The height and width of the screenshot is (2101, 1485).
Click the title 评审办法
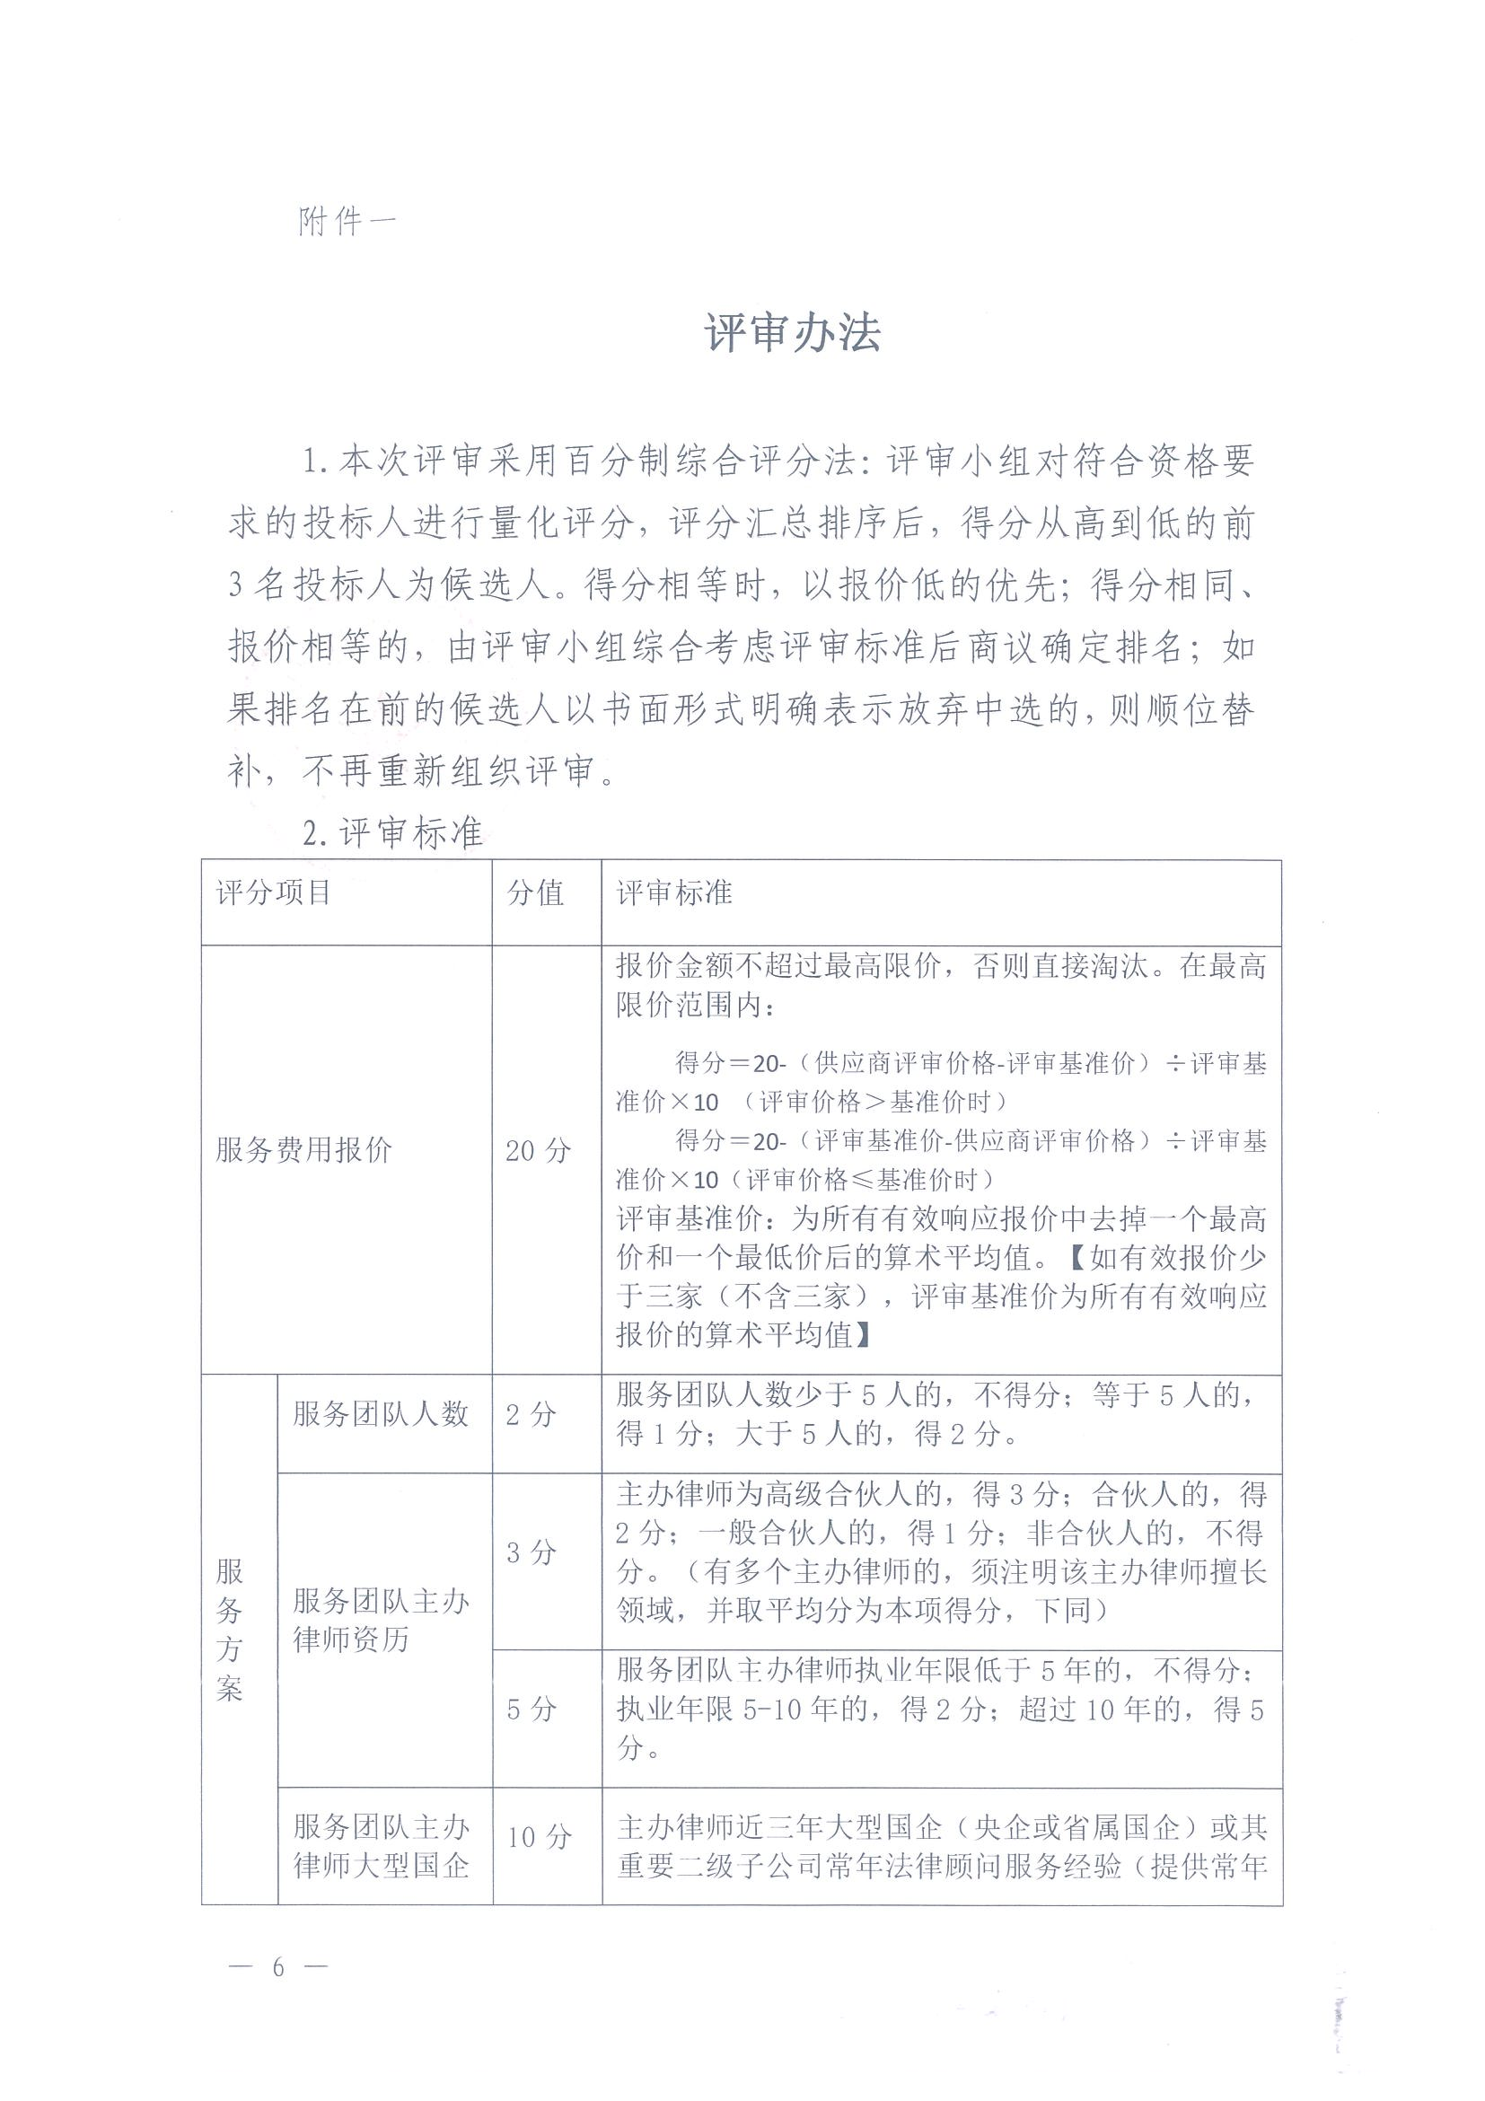point(793,333)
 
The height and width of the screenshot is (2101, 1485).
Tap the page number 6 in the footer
point(278,1966)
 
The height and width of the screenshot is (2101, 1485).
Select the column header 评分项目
point(273,892)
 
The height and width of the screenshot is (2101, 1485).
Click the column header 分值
point(535,892)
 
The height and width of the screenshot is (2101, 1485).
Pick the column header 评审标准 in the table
point(674,892)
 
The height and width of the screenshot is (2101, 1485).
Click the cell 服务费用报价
point(303,1149)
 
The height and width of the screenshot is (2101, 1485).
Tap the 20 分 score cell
point(538,1150)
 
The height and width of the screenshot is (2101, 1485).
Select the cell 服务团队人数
point(381,1414)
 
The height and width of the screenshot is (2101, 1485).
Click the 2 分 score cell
point(531,1415)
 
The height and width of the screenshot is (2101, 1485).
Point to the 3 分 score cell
point(532,1552)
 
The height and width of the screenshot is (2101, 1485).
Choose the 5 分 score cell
point(532,1709)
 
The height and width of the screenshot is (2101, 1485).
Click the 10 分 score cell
point(539,1836)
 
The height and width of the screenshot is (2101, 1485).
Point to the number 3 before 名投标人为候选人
point(236,585)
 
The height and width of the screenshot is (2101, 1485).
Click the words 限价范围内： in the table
point(696,1006)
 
